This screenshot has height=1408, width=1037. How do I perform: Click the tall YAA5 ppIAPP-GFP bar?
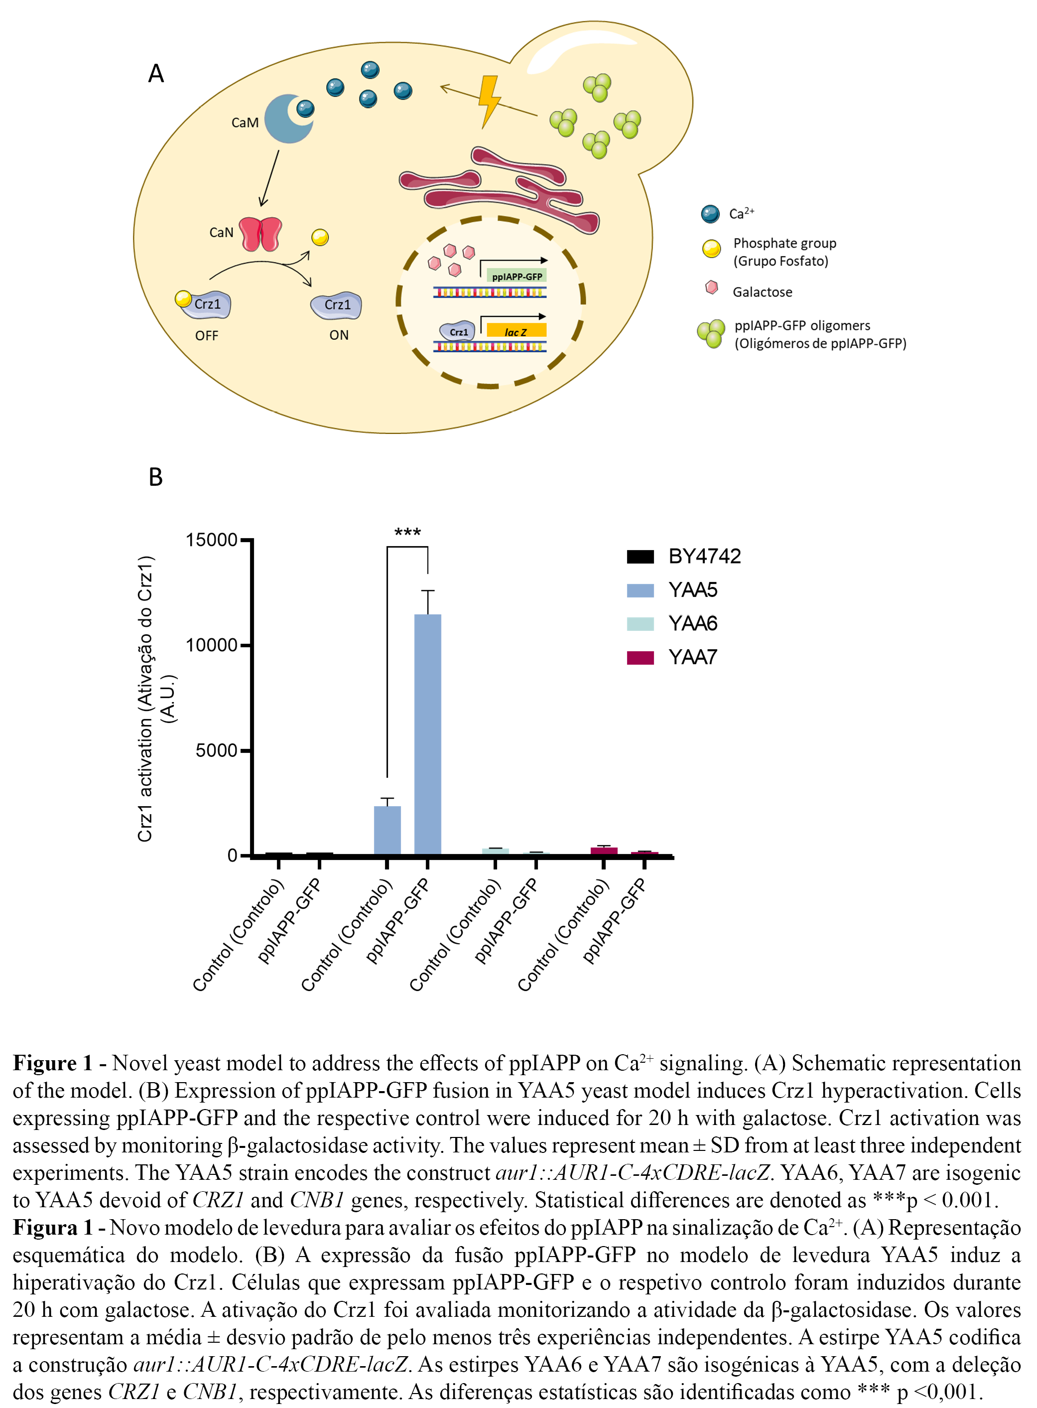[427, 734]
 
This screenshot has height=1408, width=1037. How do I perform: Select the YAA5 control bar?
[388, 830]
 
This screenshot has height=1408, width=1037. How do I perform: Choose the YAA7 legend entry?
[692, 657]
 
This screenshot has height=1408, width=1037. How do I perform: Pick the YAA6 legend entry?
[692, 623]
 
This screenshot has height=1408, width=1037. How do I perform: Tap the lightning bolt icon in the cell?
[489, 101]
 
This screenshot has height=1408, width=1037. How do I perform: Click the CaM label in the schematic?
[245, 123]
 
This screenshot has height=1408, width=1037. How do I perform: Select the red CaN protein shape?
[260, 234]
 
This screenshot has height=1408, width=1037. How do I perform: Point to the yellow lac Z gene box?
[516, 331]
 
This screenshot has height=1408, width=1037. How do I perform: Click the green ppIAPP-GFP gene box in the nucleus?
[517, 276]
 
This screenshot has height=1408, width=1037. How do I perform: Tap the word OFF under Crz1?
[207, 336]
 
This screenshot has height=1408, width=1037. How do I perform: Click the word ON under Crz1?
[339, 335]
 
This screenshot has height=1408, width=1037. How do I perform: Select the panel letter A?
[156, 74]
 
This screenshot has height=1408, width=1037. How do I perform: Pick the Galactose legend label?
[762, 292]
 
